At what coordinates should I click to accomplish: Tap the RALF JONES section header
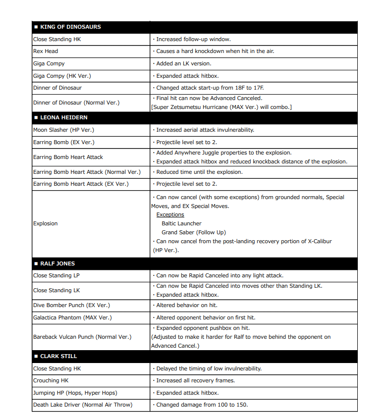pos(57,263)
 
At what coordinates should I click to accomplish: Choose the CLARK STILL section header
pos(58,356)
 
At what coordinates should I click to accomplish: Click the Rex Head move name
pos(46,51)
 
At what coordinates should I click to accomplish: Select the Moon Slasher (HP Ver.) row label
pos(63,130)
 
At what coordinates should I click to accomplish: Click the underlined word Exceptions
pos(170,214)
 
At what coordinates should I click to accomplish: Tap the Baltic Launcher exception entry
pos(181,223)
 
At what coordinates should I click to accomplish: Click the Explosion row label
pos(46,223)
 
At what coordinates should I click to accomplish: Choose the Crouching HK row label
pos(51,380)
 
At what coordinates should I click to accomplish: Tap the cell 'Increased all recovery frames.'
pos(195,380)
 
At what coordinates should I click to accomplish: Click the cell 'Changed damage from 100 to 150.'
pos(202,405)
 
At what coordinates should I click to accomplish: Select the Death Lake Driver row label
pos(83,405)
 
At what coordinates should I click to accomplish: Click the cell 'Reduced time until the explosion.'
pos(199,172)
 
